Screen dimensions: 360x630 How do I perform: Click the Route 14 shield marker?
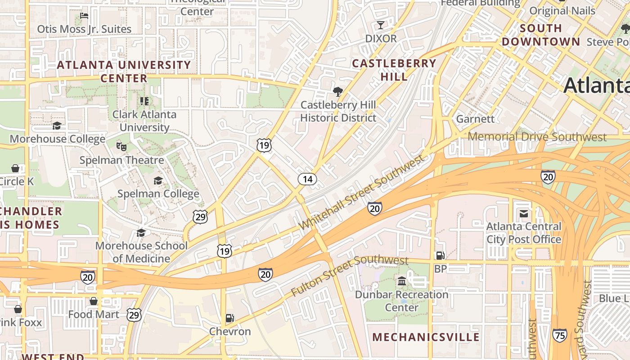coord(307,179)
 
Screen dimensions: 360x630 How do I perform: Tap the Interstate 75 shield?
coord(559,335)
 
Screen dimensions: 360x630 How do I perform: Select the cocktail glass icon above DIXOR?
coord(381,25)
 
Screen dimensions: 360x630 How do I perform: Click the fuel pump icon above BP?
coord(440,256)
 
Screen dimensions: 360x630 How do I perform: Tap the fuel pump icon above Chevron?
coord(229,318)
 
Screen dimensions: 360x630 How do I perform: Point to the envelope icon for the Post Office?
coord(524,214)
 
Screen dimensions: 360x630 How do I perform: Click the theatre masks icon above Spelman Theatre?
coord(121,147)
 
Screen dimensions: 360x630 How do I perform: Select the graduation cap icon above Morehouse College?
coord(57,126)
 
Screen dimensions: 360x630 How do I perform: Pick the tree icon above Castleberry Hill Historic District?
coord(337,92)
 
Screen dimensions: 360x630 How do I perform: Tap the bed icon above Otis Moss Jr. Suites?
coord(84,16)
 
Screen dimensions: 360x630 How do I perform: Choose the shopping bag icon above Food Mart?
coord(94,301)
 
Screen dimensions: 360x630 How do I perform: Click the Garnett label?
coord(475,119)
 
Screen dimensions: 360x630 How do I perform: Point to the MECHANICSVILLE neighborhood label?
coord(426,337)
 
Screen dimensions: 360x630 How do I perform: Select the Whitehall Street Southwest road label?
coord(362,192)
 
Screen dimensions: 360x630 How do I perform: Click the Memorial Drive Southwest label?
coord(537,137)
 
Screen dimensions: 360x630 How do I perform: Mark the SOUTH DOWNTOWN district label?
coord(541,35)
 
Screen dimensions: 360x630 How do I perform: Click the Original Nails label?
coord(562,11)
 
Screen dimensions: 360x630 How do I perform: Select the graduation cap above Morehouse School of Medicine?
coord(141,233)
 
